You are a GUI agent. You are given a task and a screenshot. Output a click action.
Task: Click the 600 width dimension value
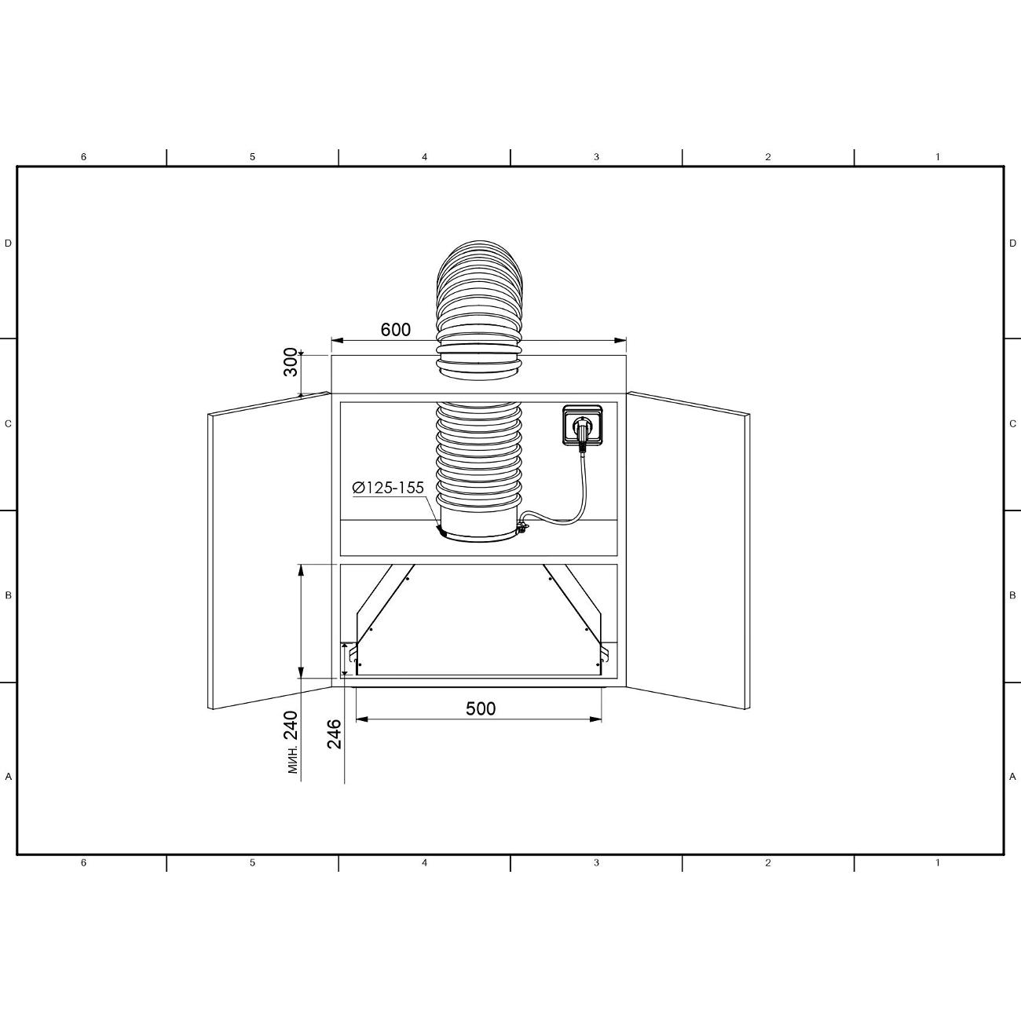click(395, 330)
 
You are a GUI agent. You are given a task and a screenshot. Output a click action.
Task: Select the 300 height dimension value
click(291, 362)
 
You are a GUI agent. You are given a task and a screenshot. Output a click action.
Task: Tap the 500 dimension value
click(481, 708)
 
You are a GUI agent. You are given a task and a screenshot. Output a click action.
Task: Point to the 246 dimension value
click(334, 734)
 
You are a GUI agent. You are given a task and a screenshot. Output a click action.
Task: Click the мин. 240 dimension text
click(292, 741)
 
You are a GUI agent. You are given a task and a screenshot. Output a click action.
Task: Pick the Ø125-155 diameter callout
click(388, 488)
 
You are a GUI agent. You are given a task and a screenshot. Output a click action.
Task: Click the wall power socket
click(582, 424)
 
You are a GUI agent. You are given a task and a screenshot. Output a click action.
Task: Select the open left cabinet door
click(269, 551)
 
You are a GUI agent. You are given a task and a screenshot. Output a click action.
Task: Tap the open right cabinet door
click(688, 551)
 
